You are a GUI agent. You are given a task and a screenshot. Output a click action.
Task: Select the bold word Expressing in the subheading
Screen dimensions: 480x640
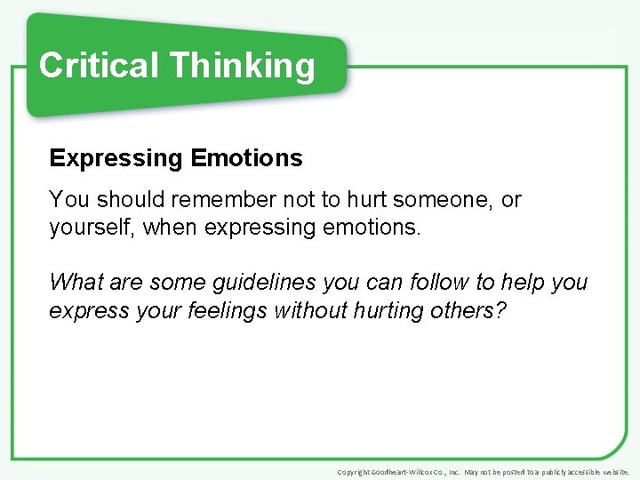[x=115, y=159]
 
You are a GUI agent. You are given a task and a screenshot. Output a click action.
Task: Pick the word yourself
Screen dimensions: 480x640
[x=90, y=228]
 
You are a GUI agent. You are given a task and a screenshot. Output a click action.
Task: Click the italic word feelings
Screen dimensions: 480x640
[x=227, y=311]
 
